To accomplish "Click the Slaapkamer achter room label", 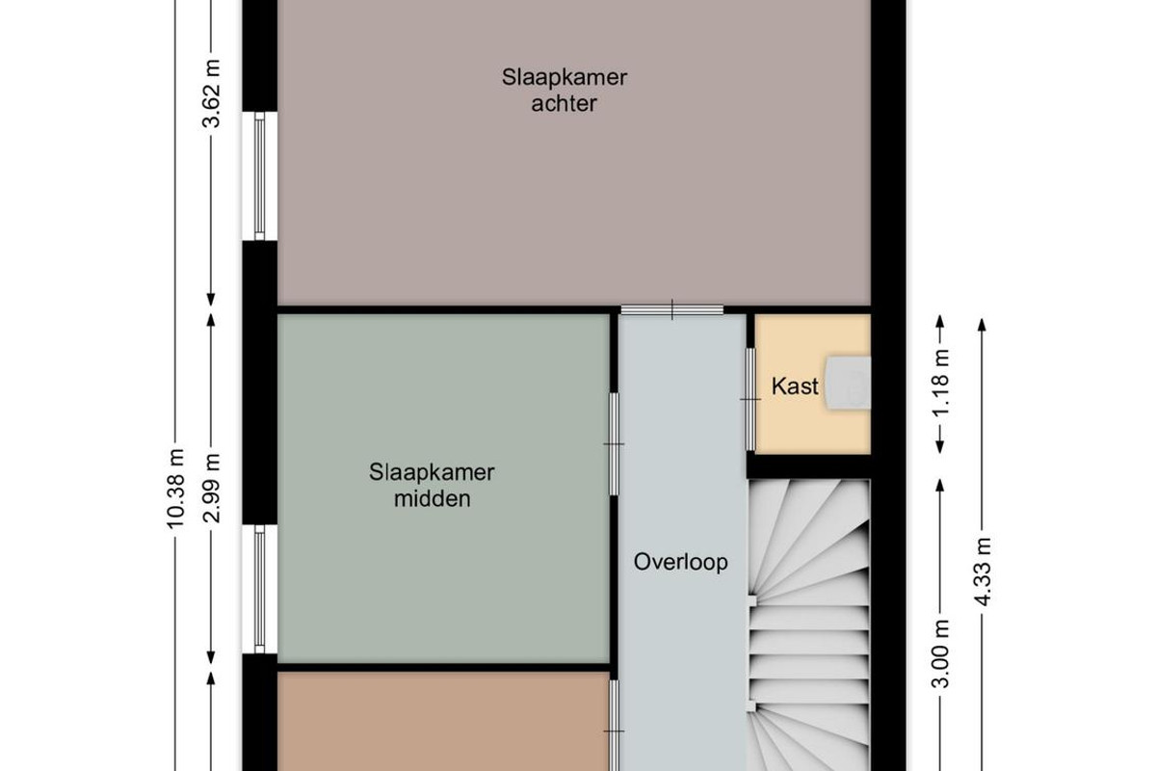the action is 565,91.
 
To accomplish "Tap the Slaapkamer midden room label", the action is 432,486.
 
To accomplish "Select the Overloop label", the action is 681,562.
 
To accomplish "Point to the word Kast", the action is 795,386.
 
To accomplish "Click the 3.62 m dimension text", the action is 212,93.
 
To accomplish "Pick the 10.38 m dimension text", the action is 175,489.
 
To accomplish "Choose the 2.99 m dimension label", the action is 212,488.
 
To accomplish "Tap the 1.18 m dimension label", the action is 941,383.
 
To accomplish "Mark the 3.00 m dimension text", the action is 941,653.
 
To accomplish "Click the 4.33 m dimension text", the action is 983,572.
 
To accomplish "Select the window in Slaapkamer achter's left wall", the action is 259,176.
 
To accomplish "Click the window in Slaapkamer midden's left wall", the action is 259,589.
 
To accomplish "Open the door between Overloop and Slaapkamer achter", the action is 672,310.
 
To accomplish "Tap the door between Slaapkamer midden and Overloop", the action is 615,444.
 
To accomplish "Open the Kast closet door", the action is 750,399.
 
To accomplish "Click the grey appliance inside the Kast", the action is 848,383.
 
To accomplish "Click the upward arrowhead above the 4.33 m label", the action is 982,325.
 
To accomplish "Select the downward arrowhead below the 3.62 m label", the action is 211,299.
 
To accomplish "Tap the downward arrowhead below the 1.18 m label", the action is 940,447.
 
